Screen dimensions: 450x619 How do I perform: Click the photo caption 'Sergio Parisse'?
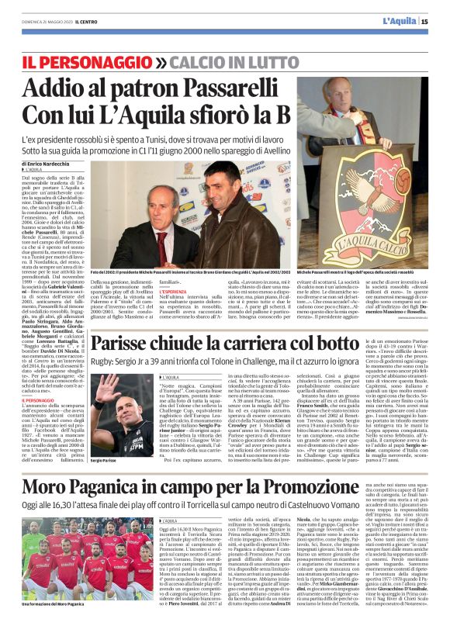[106, 460]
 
